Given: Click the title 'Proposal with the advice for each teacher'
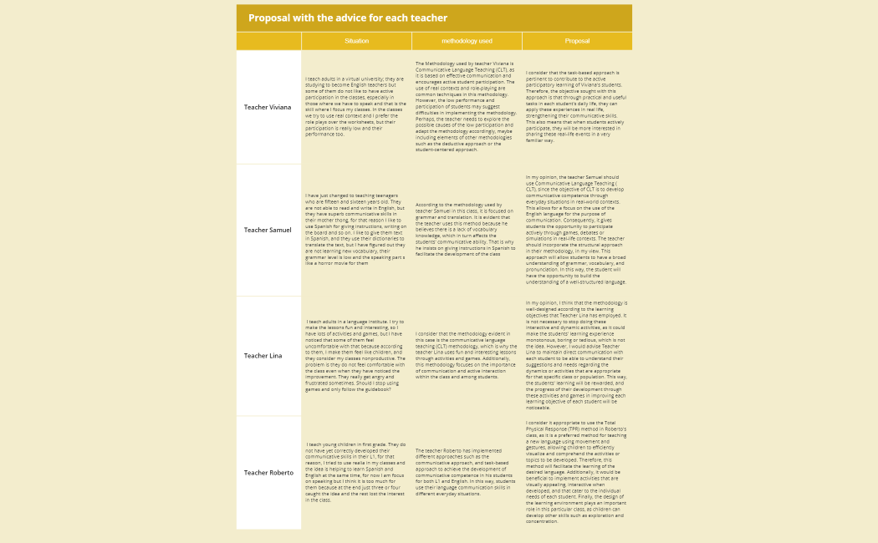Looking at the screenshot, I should tap(347, 18).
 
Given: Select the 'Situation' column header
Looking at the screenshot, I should tap(356, 41).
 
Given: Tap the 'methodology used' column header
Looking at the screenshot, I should tap(467, 41).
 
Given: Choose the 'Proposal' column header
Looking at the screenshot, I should tap(577, 41).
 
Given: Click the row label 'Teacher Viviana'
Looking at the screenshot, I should tap(268, 108).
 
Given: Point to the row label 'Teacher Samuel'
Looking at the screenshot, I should tap(268, 230).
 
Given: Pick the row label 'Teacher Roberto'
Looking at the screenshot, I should tap(268, 473).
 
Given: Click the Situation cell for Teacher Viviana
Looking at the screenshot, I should tap(356, 108).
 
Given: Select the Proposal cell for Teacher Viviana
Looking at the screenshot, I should tap(577, 107).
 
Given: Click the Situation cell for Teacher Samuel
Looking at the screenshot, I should tap(356, 230).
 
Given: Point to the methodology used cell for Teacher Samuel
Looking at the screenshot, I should tap(467, 230).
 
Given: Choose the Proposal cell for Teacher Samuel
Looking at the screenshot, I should tap(577, 230).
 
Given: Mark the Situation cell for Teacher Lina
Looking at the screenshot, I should tap(356, 356).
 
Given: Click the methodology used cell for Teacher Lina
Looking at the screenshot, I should tap(467, 356).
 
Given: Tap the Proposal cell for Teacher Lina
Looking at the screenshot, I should tap(577, 356).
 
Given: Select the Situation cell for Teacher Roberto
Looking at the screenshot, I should tap(356, 473).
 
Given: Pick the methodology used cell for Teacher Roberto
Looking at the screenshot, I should tap(467, 473).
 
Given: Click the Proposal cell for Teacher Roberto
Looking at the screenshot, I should tap(577, 473).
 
